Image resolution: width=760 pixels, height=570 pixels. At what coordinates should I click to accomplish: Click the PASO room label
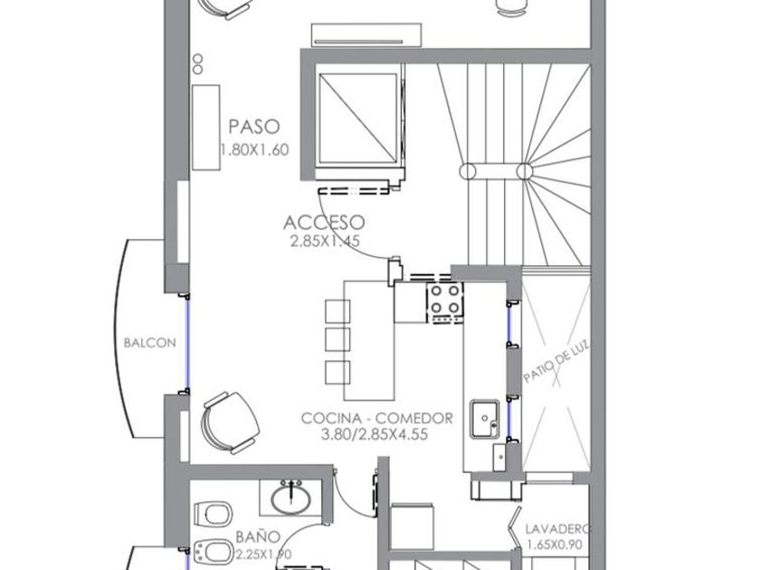(x=254, y=127)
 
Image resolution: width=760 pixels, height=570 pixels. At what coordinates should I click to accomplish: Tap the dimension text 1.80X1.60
(x=255, y=149)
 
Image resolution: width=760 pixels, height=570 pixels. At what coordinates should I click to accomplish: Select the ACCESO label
(x=324, y=223)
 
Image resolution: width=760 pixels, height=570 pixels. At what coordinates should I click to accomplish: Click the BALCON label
(x=150, y=343)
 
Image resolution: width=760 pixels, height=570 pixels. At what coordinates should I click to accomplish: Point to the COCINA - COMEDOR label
(x=377, y=418)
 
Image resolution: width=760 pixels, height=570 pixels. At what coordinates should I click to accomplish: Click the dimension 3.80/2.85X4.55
(x=375, y=434)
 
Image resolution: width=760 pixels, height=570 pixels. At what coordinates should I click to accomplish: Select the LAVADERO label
(x=558, y=528)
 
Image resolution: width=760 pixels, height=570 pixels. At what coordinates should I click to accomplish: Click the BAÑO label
(x=258, y=537)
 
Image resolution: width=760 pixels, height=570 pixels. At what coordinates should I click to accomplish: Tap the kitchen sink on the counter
(x=485, y=419)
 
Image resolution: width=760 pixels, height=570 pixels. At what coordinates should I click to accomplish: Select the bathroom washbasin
(x=290, y=499)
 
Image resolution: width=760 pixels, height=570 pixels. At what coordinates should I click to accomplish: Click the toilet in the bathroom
(x=213, y=514)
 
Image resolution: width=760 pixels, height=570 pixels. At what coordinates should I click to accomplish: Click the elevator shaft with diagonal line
(x=357, y=118)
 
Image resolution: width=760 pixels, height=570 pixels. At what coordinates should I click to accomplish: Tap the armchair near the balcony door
(x=230, y=423)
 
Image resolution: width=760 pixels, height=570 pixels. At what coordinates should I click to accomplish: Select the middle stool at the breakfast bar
(x=337, y=339)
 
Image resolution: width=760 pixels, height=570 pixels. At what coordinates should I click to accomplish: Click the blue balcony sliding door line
(x=188, y=343)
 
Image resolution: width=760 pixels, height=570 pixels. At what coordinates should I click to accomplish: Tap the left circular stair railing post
(x=467, y=172)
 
